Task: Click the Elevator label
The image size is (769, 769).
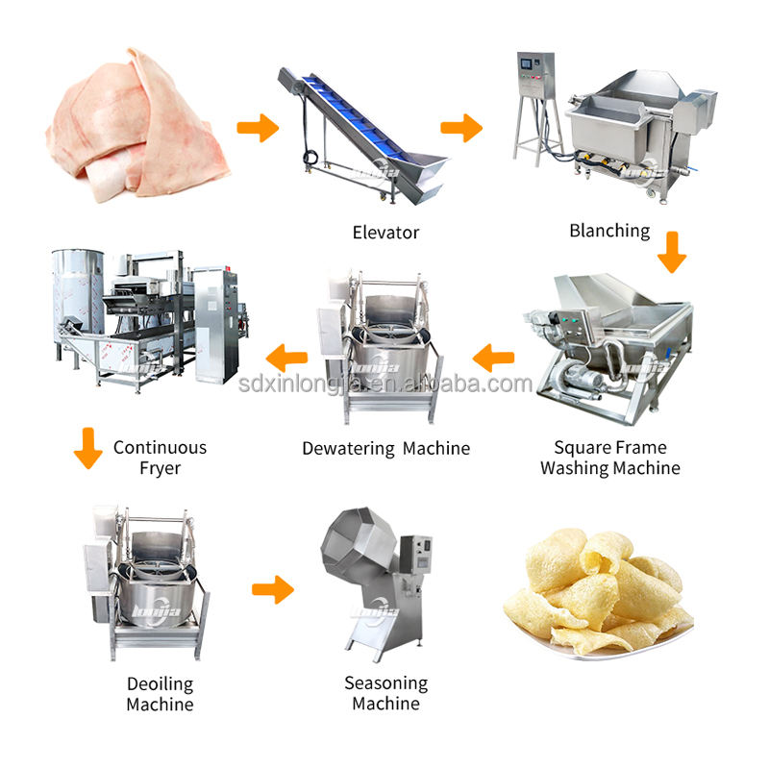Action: point(384,232)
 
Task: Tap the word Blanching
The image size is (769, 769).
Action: point(609,231)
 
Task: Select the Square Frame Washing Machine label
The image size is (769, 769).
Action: point(609,458)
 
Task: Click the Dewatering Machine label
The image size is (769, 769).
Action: point(385,448)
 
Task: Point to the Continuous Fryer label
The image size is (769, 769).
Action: point(160,458)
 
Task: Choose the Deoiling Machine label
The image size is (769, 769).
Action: point(160,694)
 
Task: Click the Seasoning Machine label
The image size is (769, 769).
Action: point(385,693)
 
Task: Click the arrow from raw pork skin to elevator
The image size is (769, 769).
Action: point(257,128)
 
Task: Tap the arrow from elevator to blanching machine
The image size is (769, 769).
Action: point(461,127)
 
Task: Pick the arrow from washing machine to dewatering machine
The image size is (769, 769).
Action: point(492,360)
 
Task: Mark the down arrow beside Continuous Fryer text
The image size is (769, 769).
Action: point(87,449)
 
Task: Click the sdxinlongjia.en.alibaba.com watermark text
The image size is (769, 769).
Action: point(384,384)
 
